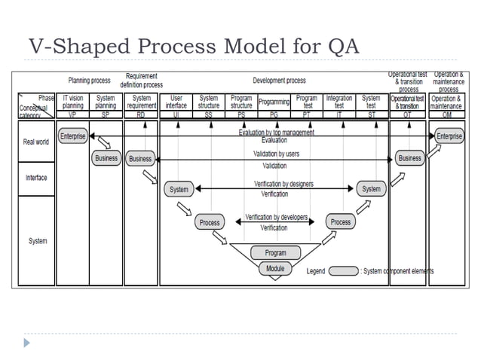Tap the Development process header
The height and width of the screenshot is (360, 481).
point(279,80)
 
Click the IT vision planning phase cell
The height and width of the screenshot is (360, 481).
point(72,102)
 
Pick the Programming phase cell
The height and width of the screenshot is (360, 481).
point(274,102)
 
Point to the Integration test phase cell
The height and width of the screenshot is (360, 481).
point(339,102)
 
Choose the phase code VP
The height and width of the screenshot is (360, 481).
point(72,114)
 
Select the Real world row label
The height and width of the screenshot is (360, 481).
point(36,142)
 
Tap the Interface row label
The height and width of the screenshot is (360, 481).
point(36,177)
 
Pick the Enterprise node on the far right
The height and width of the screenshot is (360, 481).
point(449,136)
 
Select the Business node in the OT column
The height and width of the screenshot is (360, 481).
point(409,158)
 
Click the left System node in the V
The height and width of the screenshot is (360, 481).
point(179,189)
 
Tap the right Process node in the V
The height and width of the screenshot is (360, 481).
point(341,222)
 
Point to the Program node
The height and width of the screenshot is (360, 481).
point(275,253)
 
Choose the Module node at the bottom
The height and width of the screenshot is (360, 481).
point(275,268)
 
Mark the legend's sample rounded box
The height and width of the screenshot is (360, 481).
point(343,271)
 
